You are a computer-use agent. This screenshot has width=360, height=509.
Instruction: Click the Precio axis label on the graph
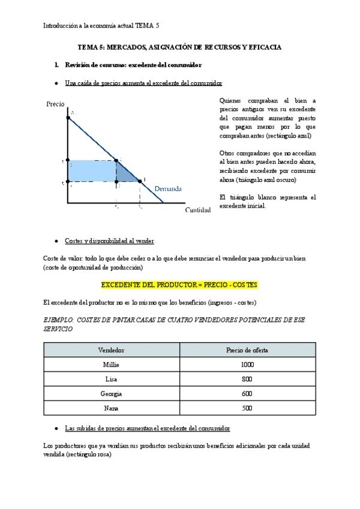[x=55, y=104]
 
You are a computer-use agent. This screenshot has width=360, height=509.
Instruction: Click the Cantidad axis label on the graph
[x=197, y=209]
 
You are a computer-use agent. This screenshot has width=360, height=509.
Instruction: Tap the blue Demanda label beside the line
[x=168, y=188]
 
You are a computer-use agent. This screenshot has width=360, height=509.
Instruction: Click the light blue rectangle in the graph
[x=91, y=171]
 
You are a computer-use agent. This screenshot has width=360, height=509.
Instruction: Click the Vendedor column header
[x=112, y=349]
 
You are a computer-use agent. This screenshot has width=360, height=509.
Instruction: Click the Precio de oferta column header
[x=247, y=349]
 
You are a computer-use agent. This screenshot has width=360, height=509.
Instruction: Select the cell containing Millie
[x=112, y=364]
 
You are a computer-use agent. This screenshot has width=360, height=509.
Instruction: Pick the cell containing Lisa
[x=112, y=379]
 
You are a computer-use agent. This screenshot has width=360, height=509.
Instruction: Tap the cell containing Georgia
[x=112, y=394]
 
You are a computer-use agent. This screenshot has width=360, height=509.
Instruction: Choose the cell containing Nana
[x=112, y=408]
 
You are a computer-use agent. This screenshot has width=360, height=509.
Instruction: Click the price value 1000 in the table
[x=247, y=364]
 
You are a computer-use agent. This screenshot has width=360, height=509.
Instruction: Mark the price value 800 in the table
[x=247, y=379]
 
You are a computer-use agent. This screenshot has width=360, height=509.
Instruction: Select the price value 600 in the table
[x=247, y=394]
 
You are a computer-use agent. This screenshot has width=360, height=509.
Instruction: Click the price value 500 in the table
[x=247, y=408]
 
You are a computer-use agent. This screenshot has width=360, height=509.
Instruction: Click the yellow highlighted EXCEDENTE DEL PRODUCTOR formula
[x=179, y=284]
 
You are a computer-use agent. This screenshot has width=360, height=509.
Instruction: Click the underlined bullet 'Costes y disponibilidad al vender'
[x=109, y=241]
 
